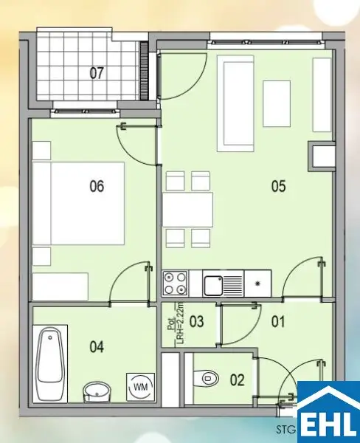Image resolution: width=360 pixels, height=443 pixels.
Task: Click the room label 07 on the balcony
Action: [97, 73]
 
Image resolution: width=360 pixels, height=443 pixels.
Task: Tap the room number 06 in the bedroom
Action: [97, 186]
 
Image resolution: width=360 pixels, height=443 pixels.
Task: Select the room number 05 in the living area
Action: [277, 186]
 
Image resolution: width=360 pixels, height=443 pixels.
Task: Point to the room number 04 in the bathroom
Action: [97, 345]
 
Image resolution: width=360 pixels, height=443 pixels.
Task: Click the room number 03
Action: [196, 321]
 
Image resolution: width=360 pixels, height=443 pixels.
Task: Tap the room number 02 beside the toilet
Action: [237, 381]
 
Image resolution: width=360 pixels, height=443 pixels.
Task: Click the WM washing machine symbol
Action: [140, 385]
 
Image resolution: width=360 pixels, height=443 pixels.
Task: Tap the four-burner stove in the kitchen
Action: [175, 282]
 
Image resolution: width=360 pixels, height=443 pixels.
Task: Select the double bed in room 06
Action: [77, 204]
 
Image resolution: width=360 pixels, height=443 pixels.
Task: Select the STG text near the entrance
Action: [285, 427]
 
